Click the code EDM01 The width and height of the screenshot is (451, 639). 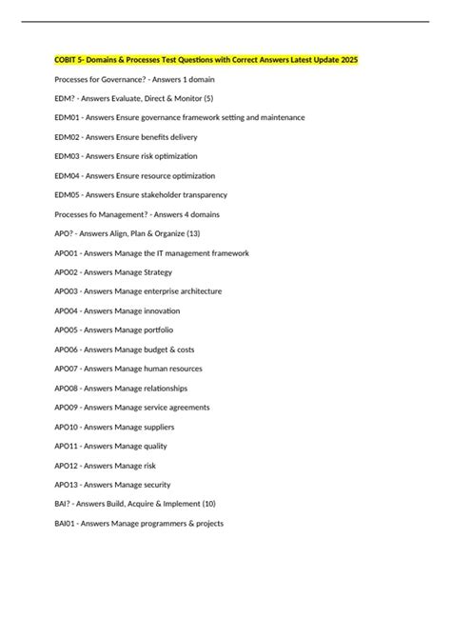pyautogui.click(x=67, y=117)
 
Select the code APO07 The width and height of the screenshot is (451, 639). pyautogui.click(x=67, y=369)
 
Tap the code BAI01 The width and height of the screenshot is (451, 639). pyautogui.click(x=66, y=523)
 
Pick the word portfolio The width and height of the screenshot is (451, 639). pyautogui.click(x=156, y=329)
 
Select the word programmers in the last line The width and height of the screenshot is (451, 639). pyautogui.click(x=160, y=523)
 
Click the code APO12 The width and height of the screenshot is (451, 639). pyautogui.click(x=67, y=466)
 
